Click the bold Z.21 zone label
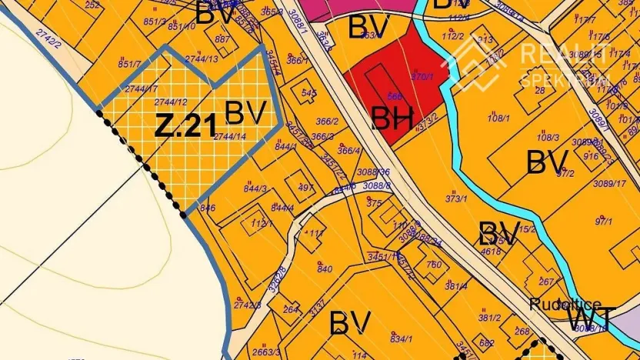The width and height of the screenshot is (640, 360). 185,125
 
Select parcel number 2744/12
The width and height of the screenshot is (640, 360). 171,102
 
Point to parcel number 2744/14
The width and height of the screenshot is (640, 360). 230,136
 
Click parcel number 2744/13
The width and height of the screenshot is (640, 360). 202,58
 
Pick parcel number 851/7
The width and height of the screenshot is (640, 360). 129,65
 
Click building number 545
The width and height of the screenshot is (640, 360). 309,93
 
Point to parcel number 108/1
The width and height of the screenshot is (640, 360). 499,118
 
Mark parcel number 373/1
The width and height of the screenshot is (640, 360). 456,198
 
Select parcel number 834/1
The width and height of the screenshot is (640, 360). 400,338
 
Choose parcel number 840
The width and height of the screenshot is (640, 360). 325,268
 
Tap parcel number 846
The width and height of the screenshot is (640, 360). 207,208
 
